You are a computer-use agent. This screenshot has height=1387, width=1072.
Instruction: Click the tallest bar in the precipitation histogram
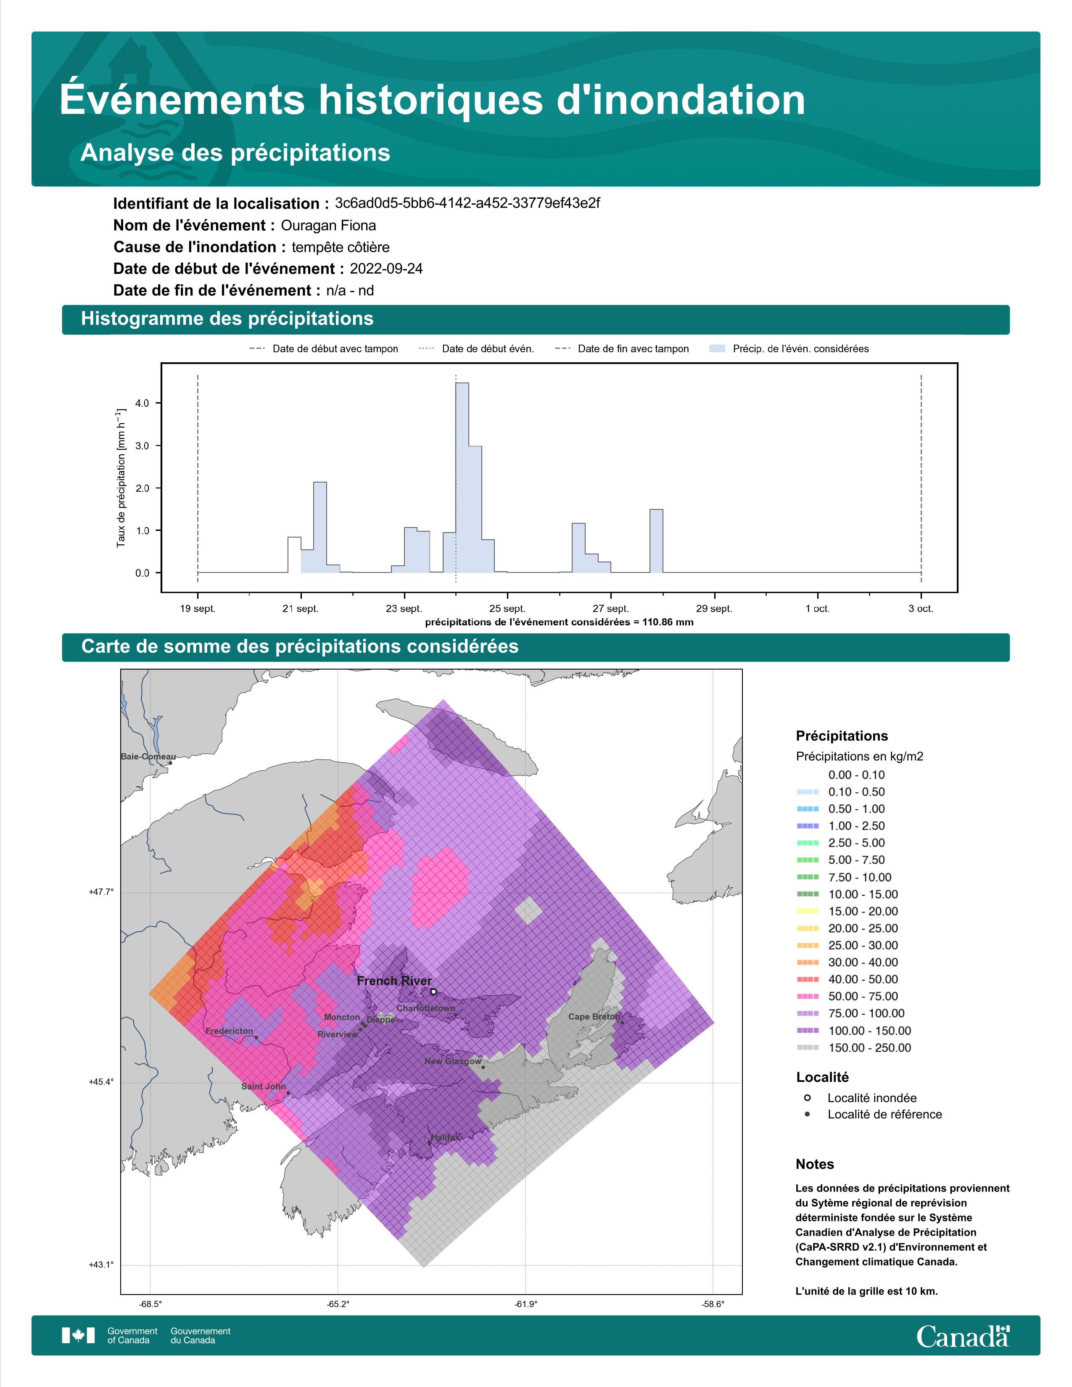tap(462, 477)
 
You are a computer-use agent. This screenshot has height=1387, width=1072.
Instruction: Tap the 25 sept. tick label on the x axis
tap(507, 609)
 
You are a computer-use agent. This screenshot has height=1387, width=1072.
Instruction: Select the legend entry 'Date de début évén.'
tap(477, 349)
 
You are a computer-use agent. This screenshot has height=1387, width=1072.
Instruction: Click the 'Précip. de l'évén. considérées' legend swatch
tap(717, 349)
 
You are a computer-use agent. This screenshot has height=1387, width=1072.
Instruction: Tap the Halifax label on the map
tap(444, 1137)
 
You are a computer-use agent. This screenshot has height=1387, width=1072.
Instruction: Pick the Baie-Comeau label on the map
tap(148, 757)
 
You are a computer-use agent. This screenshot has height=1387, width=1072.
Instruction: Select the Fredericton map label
tap(229, 1031)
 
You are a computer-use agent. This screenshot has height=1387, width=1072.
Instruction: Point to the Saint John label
tap(264, 1086)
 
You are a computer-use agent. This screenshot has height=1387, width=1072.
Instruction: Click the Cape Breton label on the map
tap(594, 1016)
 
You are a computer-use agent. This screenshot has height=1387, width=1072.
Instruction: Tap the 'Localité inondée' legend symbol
tap(807, 1097)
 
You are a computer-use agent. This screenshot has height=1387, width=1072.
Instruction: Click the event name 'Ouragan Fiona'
tap(328, 225)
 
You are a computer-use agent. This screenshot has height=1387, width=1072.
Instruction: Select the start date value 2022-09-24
tap(386, 269)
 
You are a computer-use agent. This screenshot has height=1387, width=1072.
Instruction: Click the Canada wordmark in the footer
tap(963, 1336)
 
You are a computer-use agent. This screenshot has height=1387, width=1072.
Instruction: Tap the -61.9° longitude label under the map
tap(525, 1304)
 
